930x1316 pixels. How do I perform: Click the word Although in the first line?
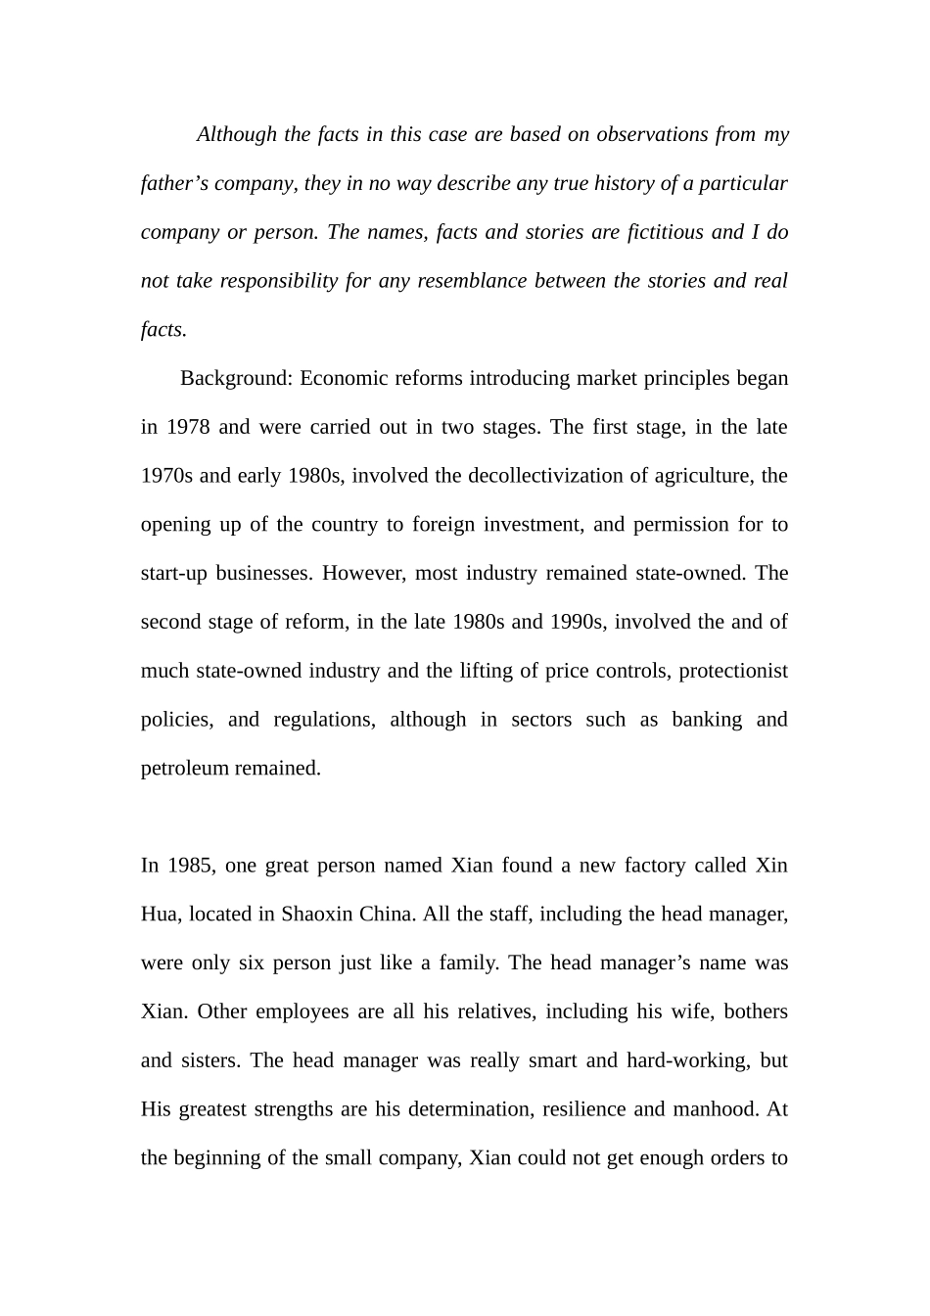(237, 134)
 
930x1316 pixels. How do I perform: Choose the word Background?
(235, 378)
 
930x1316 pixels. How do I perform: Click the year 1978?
(188, 427)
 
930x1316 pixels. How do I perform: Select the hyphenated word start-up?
(174, 574)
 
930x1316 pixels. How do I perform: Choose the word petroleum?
(185, 769)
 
